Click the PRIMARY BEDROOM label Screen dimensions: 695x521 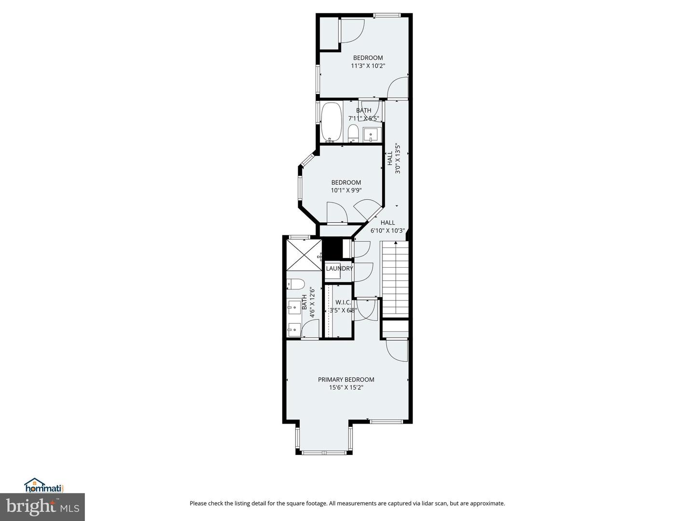pos(346,379)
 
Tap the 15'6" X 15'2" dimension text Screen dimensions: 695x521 pos(346,387)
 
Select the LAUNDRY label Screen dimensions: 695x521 pos(339,268)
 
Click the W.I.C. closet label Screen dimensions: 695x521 pos(343,302)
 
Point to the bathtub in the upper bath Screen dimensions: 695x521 pos(332,123)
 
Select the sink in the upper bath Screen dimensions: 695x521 pos(372,135)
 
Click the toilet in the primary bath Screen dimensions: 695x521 pos(295,285)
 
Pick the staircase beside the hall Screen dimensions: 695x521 pos(395,279)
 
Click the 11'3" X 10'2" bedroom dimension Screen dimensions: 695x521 pos(368,66)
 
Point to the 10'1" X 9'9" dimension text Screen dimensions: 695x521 pos(346,191)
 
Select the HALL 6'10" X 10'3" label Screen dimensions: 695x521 pos(388,227)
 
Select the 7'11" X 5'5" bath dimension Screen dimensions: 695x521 pos(363,118)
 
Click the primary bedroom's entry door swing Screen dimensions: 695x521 pos(397,350)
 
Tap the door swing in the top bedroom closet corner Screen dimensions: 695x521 pos(352,31)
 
